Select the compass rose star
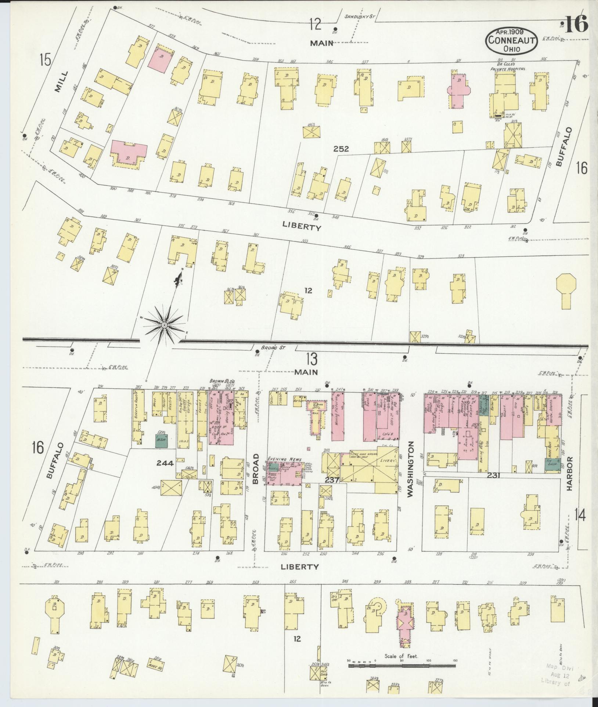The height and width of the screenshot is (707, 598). click(x=164, y=325)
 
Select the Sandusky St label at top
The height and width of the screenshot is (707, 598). click(x=358, y=16)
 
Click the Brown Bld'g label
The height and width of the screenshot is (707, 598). click(x=219, y=381)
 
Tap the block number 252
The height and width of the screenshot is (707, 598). click(x=341, y=149)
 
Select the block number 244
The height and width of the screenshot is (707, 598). click(x=165, y=463)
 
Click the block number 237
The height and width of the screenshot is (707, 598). click(x=331, y=480)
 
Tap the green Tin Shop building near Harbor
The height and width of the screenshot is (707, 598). click(x=552, y=464)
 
